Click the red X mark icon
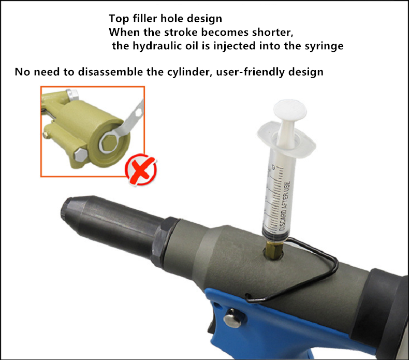[141, 170]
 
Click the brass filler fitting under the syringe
[273, 250]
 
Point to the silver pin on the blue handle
[232, 318]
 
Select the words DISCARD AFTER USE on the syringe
[284, 206]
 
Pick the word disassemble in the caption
[111, 72]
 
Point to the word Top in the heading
[119, 19]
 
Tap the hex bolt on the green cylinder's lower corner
[80, 155]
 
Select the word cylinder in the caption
[188, 72]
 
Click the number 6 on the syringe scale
[273, 167]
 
